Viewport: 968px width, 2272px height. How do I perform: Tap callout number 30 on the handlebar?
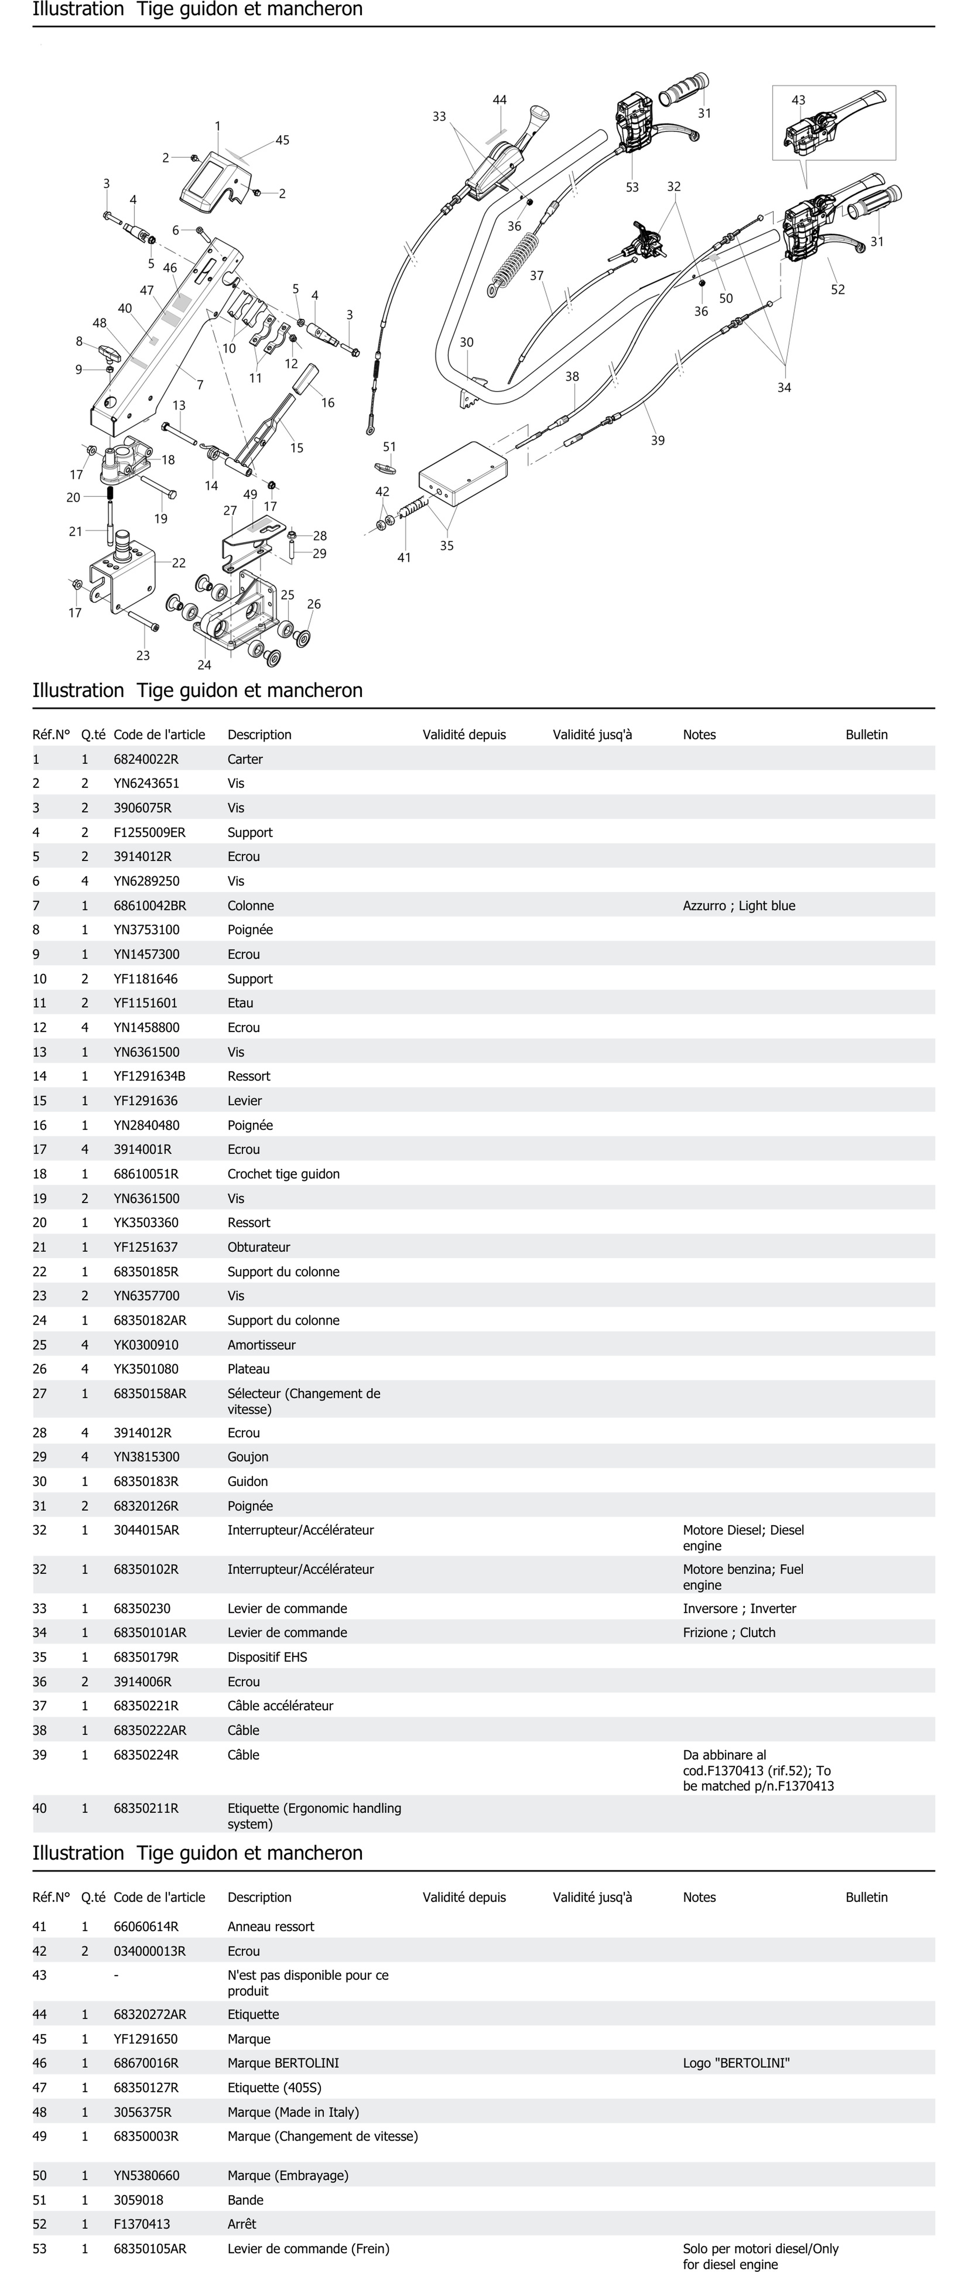(x=466, y=342)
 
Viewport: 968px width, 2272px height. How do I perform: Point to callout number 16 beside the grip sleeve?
(x=328, y=403)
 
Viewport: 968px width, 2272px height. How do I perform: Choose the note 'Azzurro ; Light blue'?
(x=739, y=906)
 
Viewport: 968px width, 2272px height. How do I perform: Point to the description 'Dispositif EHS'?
(x=267, y=1657)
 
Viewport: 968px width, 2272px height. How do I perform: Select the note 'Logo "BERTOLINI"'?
(x=736, y=2063)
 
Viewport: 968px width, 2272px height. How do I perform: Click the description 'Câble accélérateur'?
(x=280, y=1706)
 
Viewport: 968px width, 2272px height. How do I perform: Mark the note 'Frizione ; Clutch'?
(x=729, y=1633)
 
